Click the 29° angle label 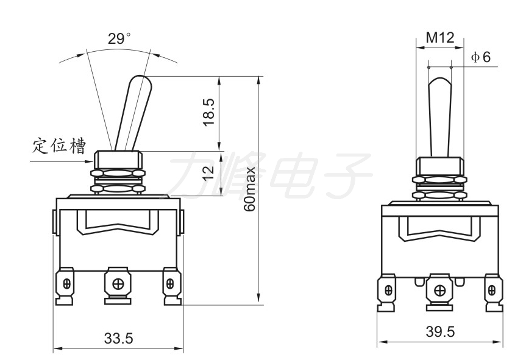119,38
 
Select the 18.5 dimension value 208,112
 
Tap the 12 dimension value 208,172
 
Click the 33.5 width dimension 118,338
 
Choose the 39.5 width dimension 441,331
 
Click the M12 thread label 440,38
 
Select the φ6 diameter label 481,57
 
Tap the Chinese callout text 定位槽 59,146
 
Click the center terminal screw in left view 118,284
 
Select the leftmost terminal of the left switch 65,286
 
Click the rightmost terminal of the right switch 494,292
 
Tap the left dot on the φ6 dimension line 428,68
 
